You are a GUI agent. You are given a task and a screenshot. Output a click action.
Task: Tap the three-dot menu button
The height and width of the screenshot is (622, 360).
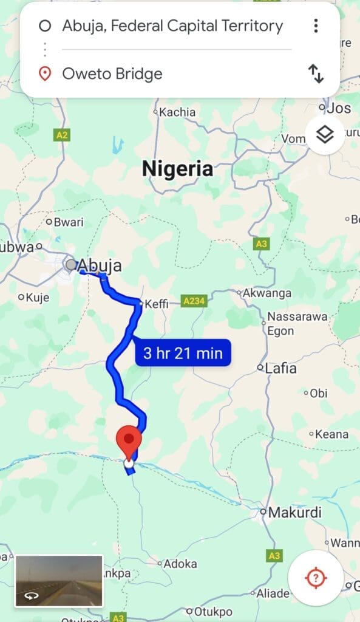pos(316,26)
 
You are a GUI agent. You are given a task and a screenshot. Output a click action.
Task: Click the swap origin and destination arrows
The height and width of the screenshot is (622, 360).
pos(316,74)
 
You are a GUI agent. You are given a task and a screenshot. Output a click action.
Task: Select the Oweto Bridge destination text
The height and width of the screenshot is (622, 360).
pos(112,74)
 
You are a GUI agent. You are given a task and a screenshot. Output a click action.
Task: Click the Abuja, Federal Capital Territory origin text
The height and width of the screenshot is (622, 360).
pos(172,26)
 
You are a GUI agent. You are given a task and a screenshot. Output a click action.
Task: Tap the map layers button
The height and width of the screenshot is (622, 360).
pos(325,134)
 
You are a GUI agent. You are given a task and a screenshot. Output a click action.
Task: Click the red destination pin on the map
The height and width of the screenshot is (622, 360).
pos(129,443)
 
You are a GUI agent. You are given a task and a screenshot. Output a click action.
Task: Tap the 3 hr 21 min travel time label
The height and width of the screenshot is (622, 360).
pos(183,352)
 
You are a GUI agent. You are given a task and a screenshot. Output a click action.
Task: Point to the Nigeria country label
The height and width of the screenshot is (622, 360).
pos(177,169)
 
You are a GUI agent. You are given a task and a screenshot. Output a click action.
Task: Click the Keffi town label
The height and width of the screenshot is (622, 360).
pos(157,303)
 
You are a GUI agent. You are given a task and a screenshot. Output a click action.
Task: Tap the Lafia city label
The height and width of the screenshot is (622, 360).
pos(280,368)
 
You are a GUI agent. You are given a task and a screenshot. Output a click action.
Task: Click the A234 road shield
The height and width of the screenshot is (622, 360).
pos(194,301)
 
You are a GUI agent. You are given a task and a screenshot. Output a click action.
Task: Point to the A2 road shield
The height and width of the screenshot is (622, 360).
pos(61,135)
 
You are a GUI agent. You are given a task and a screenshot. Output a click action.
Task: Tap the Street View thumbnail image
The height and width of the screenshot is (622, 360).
pos(59,581)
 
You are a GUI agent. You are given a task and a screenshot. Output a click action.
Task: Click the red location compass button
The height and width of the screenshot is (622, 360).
pos(316,578)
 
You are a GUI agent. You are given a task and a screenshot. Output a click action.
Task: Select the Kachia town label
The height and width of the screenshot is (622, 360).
pos(177,112)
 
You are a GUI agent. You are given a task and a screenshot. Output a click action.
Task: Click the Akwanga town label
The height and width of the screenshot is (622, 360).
pos(267,293)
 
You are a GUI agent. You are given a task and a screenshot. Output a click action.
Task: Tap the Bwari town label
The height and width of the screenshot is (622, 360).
pos(68,222)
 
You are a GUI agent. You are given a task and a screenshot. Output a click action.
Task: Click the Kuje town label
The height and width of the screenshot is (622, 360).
pos(38,298)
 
